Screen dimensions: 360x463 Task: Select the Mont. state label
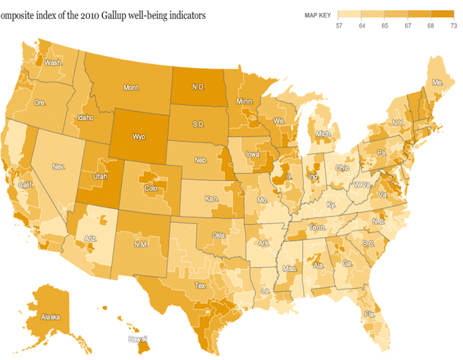click(131, 87)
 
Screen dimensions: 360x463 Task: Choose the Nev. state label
click(59, 167)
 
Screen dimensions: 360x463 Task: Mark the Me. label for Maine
click(437, 83)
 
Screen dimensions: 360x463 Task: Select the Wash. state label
click(53, 63)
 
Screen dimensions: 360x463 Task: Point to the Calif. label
click(26, 185)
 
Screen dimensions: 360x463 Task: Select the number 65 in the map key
click(385, 25)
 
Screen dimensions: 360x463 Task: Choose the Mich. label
click(323, 134)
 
